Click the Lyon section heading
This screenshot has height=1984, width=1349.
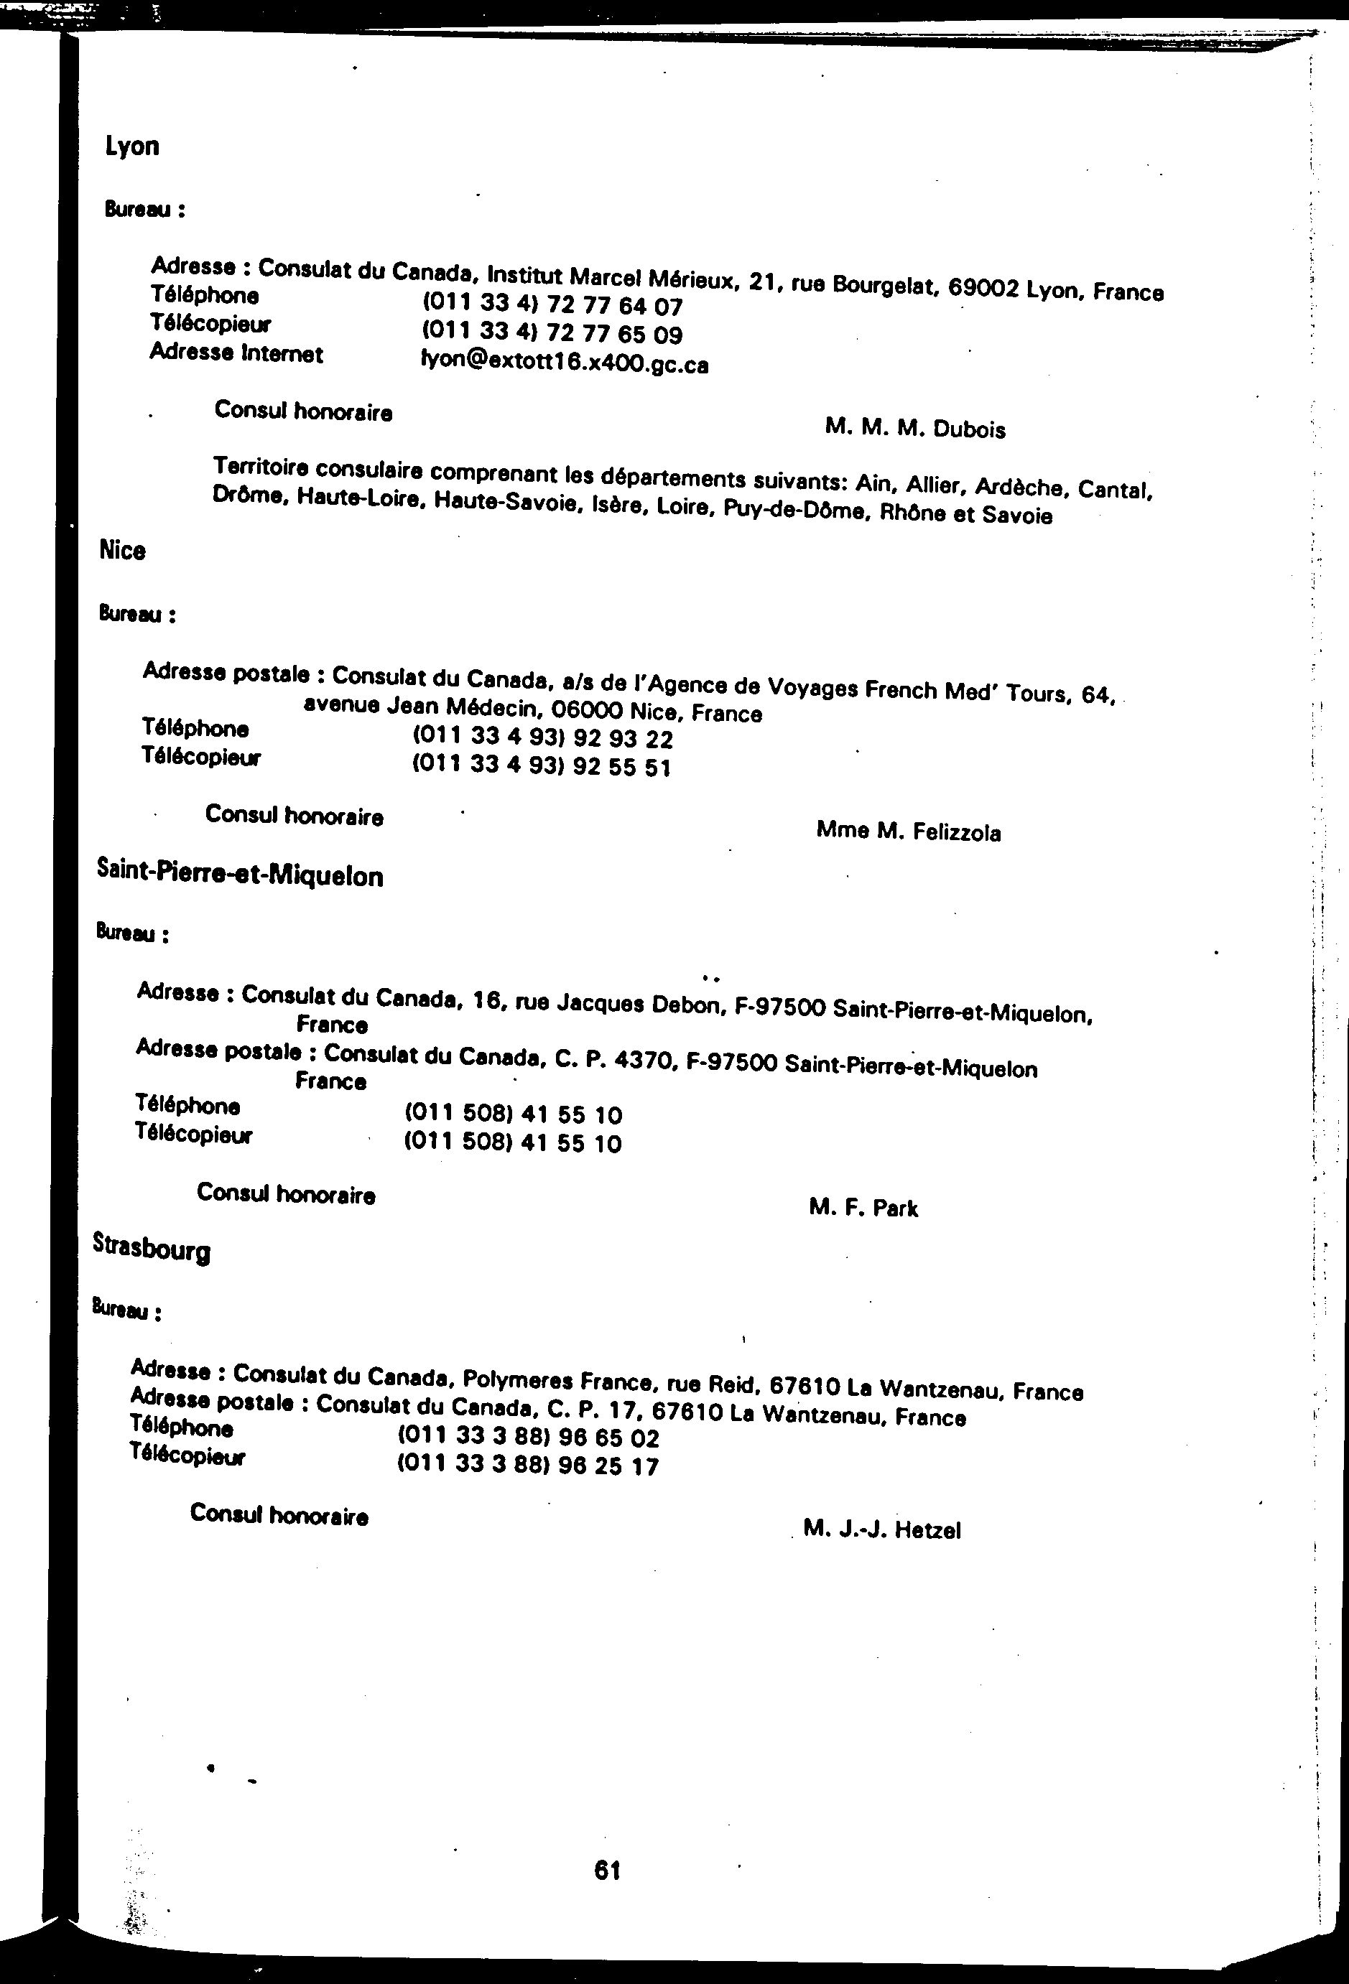click(131, 146)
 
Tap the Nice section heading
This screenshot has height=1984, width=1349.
click(122, 551)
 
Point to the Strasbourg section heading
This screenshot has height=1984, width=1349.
click(151, 1250)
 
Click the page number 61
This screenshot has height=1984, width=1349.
click(606, 1871)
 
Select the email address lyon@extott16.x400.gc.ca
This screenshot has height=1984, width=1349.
click(565, 363)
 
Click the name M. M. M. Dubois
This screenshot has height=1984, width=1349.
click(914, 428)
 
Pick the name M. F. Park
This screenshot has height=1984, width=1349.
click(863, 1207)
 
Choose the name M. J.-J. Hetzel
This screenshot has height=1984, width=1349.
click(881, 1529)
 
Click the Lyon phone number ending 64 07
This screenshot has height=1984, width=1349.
click(552, 304)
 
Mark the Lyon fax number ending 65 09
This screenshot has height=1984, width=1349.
click(552, 333)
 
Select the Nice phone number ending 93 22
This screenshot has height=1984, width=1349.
click(542, 737)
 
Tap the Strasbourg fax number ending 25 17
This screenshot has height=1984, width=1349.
click(528, 1466)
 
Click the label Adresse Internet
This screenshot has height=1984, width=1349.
click(236, 353)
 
